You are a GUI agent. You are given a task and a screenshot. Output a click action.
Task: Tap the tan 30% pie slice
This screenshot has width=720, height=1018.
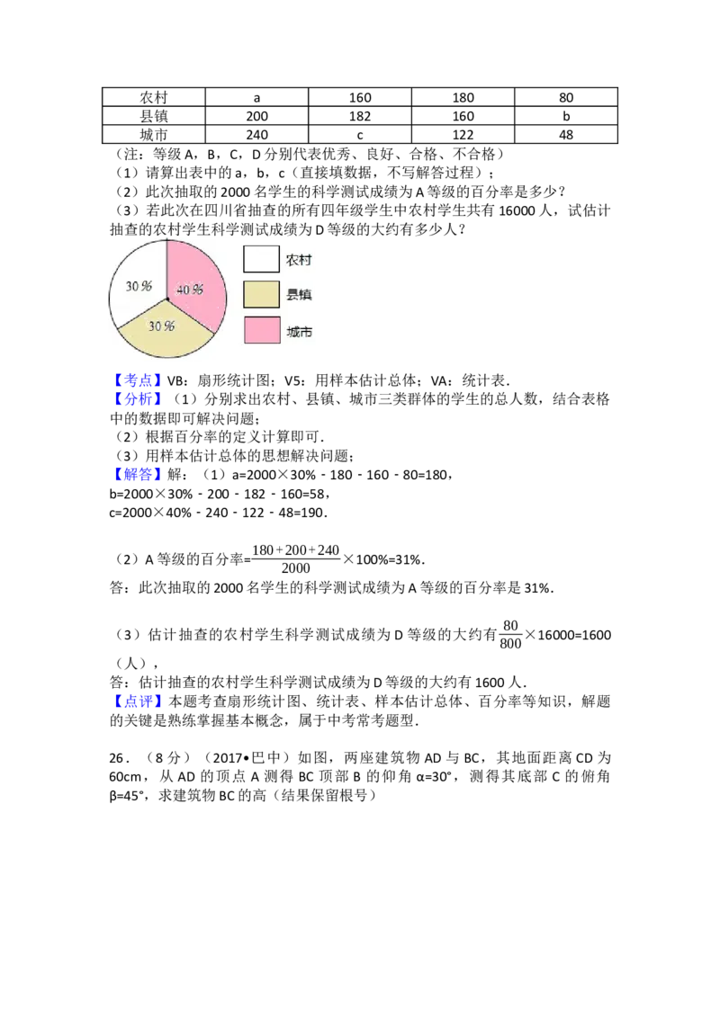(x=166, y=337)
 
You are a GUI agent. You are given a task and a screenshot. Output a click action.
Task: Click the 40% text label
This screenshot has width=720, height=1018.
(x=189, y=290)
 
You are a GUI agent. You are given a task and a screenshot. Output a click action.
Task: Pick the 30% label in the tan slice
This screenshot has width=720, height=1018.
(x=161, y=326)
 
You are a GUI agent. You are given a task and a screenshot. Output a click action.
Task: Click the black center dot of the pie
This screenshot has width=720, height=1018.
(x=167, y=298)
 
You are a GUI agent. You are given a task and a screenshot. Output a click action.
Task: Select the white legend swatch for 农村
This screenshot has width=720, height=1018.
(x=261, y=259)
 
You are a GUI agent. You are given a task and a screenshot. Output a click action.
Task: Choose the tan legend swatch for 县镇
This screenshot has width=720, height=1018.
(x=261, y=294)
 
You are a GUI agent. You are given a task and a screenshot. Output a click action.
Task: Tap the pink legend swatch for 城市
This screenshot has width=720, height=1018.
(x=261, y=330)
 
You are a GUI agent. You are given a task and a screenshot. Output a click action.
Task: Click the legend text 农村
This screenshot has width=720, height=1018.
(x=299, y=260)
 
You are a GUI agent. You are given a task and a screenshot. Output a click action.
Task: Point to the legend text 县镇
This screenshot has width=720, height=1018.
(x=299, y=295)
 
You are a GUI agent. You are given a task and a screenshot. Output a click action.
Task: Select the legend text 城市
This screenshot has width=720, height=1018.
(x=299, y=331)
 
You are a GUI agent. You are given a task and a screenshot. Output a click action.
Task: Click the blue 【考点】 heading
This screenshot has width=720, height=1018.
(x=139, y=380)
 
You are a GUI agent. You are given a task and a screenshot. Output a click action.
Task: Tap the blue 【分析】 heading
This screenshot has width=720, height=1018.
(x=139, y=399)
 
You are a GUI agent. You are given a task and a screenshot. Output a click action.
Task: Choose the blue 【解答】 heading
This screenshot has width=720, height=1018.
(x=139, y=473)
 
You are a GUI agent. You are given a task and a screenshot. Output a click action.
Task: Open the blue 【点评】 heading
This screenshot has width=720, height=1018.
(x=139, y=701)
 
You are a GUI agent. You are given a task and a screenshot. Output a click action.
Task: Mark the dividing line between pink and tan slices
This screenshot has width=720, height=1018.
(x=191, y=316)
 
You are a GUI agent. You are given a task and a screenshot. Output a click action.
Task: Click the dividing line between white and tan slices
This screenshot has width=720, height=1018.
(x=142, y=313)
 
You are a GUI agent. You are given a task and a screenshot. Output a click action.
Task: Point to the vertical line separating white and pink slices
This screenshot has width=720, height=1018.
(x=167, y=268)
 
